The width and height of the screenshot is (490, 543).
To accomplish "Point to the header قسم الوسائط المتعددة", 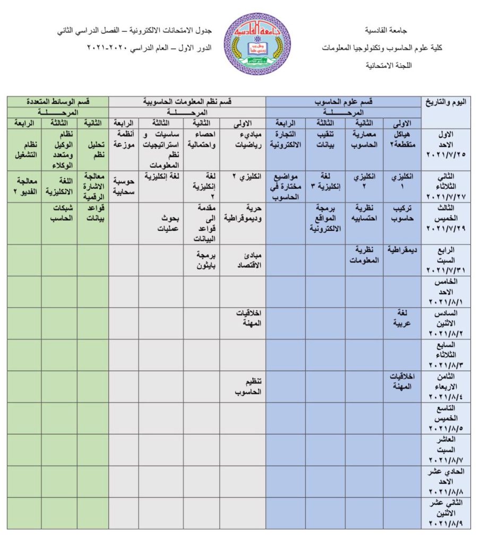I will pos(58,101).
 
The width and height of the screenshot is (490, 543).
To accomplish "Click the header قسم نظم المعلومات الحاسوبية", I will pos(187,101).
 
